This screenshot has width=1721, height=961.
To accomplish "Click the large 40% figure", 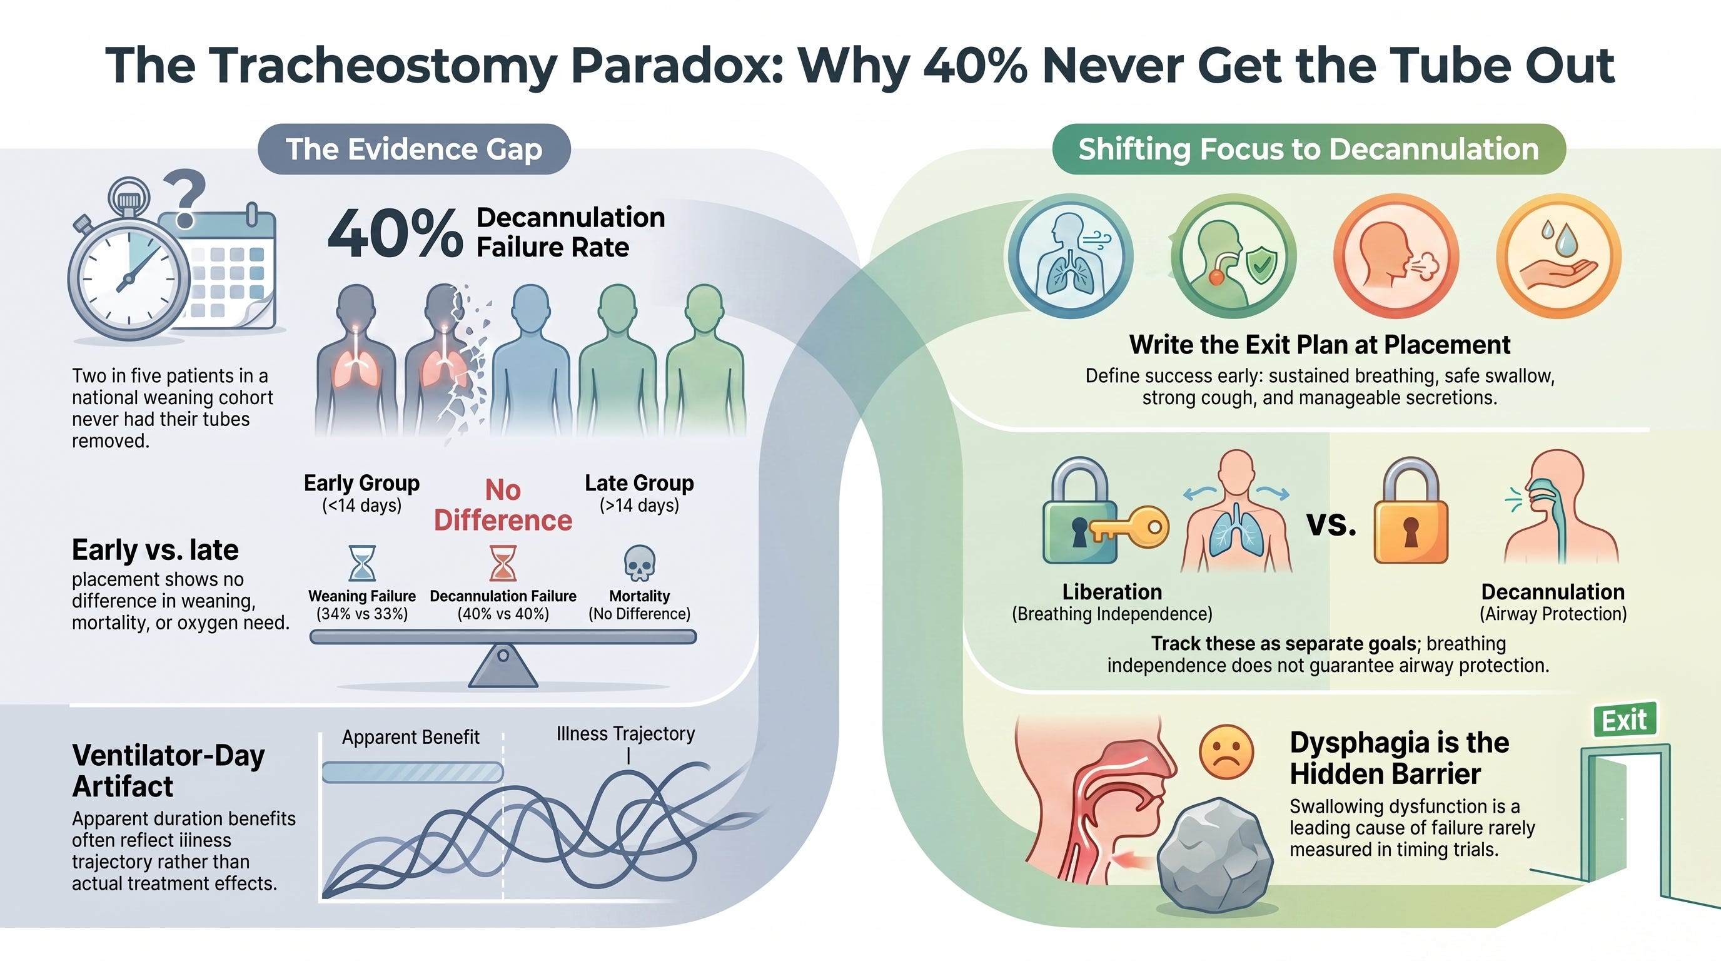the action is click(395, 233).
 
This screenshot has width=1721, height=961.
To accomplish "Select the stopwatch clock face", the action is click(129, 281).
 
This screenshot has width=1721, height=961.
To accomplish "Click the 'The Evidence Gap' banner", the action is click(414, 149).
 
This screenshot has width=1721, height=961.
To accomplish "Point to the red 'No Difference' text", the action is click(503, 506).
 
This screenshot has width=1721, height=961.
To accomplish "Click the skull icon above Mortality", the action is click(639, 562).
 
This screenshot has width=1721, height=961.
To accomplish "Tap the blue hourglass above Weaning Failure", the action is click(362, 562).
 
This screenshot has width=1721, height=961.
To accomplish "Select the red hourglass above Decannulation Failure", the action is click(502, 562).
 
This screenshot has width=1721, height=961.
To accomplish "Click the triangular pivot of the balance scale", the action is click(503, 666).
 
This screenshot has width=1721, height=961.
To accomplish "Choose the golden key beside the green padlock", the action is click(1129, 528).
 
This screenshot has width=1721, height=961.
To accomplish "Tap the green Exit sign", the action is click(1625, 719).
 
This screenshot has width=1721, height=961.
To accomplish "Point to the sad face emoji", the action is click(1226, 752).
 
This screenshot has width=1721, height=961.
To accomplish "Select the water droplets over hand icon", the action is click(1558, 256).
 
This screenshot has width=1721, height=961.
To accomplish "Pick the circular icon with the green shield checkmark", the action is click(1233, 257).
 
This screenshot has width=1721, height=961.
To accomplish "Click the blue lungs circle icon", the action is click(1070, 256).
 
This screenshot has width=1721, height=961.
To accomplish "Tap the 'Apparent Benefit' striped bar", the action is click(412, 773).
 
